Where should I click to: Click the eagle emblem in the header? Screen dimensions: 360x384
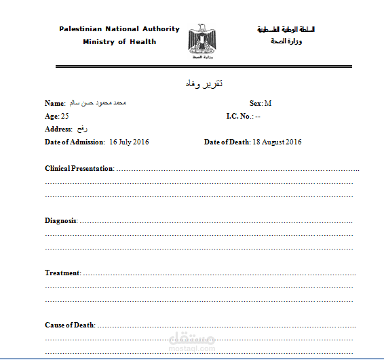click(201, 40)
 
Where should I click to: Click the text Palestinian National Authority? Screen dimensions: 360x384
click(119, 29)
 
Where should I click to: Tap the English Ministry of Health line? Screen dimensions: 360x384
click(119, 42)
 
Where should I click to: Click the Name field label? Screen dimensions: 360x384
click(55, 104)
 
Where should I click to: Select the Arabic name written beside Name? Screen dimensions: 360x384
click(99, 104)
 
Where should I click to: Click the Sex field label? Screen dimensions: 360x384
click(256, 103)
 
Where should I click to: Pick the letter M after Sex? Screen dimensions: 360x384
click(268, 103)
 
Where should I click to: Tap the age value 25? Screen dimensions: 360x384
click(64, 117)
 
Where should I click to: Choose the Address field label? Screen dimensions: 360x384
click(58, 129)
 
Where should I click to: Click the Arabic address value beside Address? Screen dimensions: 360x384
click(83, 129)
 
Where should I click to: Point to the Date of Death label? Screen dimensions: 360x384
click(227, 142)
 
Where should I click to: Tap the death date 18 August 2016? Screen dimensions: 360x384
click(277, 142)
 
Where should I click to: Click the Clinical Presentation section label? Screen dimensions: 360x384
click(79, 168)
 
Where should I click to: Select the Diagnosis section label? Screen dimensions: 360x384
click(61, 221)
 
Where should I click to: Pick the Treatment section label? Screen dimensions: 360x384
click(62, 273)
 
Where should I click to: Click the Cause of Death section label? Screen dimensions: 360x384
click(70, 325)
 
